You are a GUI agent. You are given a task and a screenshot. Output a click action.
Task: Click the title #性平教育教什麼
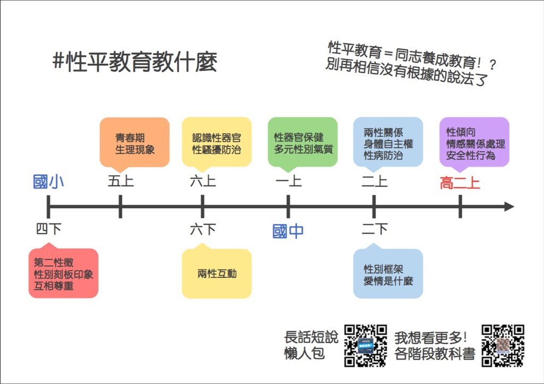134,63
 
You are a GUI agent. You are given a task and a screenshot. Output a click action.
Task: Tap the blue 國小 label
48,182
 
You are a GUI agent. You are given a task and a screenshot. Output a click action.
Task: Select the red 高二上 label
460,183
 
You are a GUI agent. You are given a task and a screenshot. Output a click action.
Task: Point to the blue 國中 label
288,231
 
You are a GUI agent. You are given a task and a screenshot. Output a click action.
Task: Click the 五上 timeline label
121,181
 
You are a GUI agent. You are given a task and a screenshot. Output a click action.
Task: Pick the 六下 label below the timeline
202,229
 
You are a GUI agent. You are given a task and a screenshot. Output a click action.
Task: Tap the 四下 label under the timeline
48,229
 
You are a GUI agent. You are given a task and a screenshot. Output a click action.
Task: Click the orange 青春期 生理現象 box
134,143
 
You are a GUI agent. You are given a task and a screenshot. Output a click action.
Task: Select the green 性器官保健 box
302,143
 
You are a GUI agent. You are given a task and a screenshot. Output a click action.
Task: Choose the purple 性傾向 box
474,143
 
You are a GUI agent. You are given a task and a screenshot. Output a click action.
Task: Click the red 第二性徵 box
64,273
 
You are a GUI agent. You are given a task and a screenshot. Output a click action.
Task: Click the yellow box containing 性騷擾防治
217,143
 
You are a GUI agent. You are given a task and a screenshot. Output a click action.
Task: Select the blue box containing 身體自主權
388,143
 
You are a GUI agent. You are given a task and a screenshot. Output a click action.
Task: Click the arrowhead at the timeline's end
509,207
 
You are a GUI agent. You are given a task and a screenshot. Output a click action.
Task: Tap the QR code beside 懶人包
365,346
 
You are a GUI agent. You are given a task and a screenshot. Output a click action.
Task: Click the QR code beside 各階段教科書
503,346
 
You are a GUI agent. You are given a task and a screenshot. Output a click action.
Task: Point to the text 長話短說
311,337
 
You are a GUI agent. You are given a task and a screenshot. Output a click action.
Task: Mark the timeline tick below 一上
288,207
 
